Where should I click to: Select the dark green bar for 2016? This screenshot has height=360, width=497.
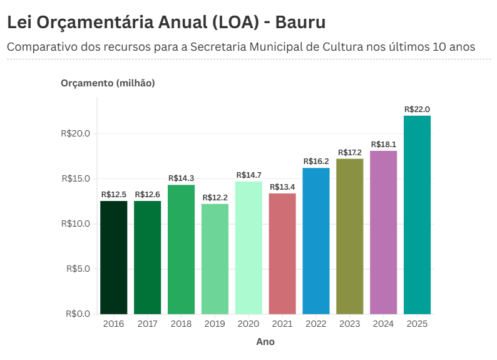point(114,257)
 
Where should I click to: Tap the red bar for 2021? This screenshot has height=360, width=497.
point(282,254)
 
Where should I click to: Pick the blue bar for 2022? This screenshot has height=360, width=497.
point(316,241)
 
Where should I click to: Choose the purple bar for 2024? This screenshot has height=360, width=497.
point(383,232)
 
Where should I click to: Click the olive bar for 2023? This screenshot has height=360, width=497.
point(349,236)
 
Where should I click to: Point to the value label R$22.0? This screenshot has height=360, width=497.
point(417,110)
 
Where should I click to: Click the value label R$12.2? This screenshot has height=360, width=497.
point(215,198)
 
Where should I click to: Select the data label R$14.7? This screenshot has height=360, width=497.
point(248,175)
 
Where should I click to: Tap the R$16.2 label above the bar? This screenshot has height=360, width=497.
point(316,162)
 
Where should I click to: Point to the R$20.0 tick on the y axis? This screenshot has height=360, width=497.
point(76,133)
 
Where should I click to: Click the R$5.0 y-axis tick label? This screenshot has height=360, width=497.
point(78,269)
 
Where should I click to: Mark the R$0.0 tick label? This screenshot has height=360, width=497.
point(78,314)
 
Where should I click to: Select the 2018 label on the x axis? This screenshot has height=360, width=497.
point(181,324)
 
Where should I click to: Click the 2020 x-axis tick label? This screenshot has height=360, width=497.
point(248,324)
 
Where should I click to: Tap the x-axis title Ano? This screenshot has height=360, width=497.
point(265,342)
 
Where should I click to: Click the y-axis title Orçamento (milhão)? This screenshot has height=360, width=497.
point(108,83)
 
